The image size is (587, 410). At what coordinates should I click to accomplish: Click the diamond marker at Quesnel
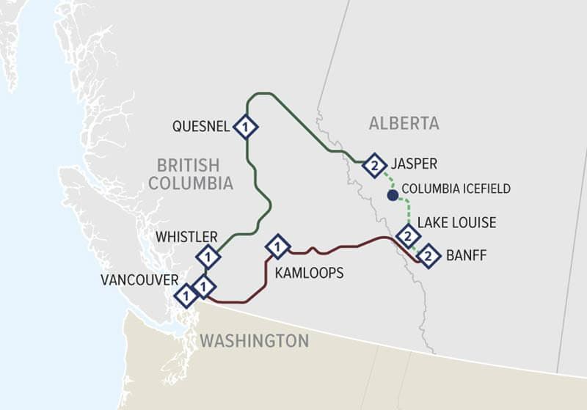pos(245,127)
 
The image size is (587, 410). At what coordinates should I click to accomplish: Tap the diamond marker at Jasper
pos(374,166)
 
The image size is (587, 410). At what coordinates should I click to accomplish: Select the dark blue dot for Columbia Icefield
pos(393,195)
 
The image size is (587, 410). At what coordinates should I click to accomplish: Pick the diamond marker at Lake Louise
pos(407,236)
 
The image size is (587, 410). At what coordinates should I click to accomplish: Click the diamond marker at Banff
pos(429,257)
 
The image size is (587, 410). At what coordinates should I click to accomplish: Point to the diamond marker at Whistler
pos(208,257)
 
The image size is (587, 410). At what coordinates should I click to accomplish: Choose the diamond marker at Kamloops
pos(277,246)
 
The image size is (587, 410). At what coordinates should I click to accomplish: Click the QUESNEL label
pos(201,126)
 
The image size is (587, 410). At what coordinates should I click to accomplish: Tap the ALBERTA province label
pos(404,123)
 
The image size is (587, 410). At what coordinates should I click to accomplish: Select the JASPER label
pos(416,164)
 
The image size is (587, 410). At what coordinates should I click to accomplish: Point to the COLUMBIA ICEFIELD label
pos(456,189)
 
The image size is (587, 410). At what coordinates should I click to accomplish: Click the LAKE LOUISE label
pos(456,222)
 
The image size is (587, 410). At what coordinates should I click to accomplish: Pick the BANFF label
pos(466,256)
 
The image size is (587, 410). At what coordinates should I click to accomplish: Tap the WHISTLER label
pos(186,237)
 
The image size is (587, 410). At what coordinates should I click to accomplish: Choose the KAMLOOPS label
pos(309,273)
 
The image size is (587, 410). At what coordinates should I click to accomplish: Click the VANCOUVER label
pos(139,279)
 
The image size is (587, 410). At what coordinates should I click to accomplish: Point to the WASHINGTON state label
pos(254,341)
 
